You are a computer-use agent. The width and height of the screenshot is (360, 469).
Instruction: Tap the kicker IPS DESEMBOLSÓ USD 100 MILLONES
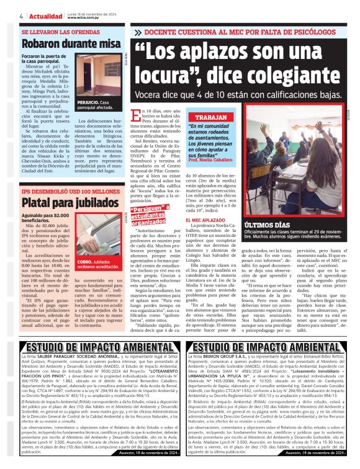70,192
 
